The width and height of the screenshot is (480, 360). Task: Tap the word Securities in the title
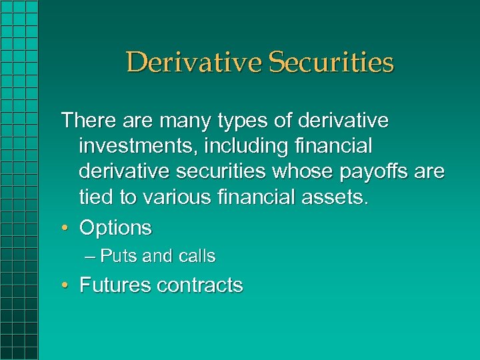click(331, 63)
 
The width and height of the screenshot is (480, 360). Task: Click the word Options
click(115, 228)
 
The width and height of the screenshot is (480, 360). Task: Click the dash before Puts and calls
click(91, 257)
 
